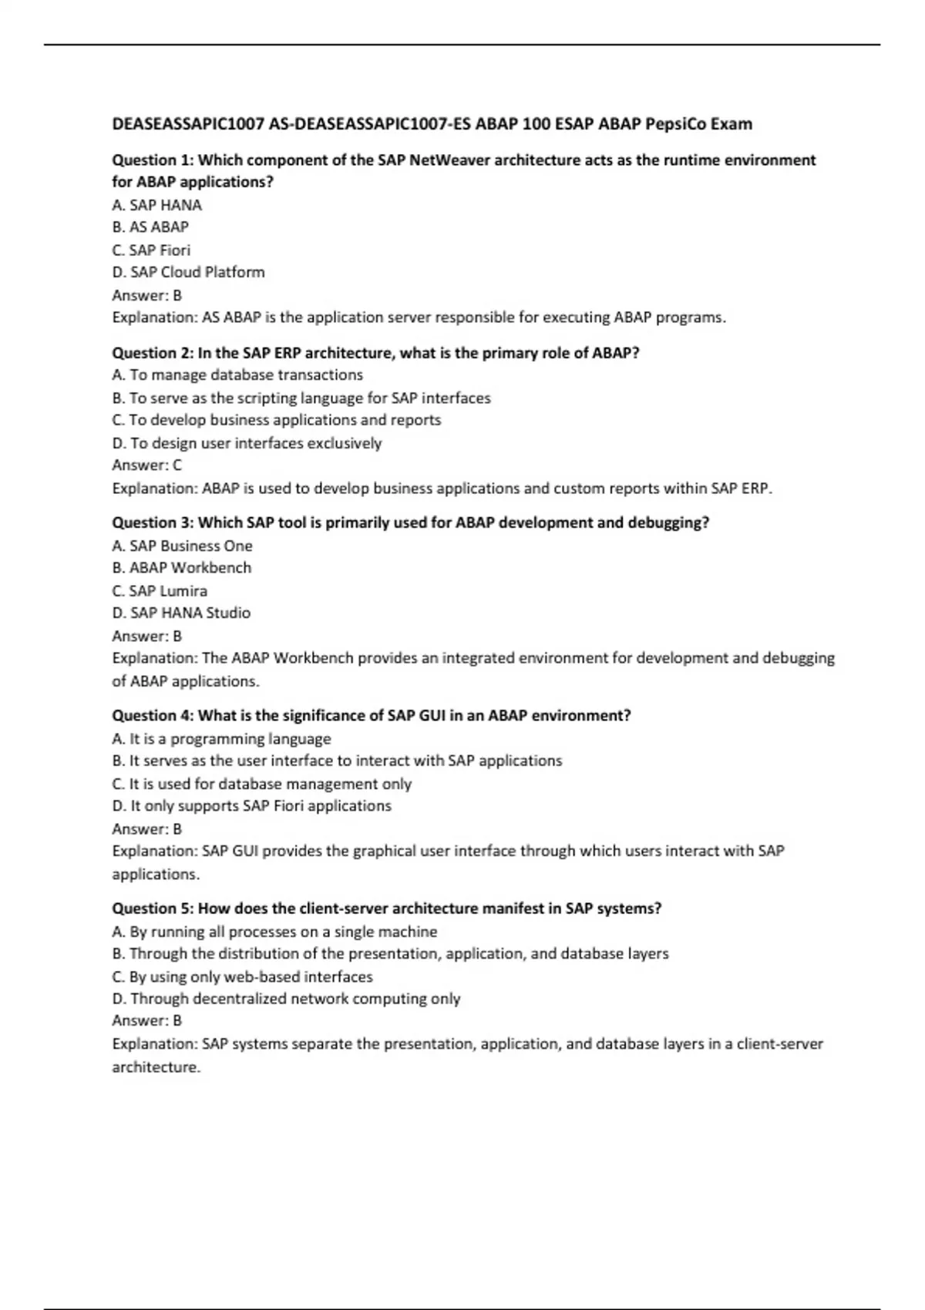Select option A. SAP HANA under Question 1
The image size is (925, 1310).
[x=157, y=205]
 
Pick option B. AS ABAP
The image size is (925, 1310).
[x=150, y=227]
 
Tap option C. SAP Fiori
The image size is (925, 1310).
[x=151, y=250]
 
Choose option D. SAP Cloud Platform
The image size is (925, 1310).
[x=188, y=272]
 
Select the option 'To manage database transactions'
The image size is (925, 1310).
[x=237, y=375]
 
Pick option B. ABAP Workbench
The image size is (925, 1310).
[x=182, y=568]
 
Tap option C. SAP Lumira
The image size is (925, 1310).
[x=160, y=591]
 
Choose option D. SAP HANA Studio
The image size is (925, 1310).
[x=181, y=613]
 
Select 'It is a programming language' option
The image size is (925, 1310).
[x=222, y=739]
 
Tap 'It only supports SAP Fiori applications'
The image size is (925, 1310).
[x=252, y=806]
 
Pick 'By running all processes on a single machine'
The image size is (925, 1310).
[x=275, y=932]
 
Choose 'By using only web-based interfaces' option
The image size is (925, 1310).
[x=243, y=977]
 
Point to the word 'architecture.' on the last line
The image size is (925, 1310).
[x=156, y=1067]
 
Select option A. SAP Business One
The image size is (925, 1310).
[x=183, y=546]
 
